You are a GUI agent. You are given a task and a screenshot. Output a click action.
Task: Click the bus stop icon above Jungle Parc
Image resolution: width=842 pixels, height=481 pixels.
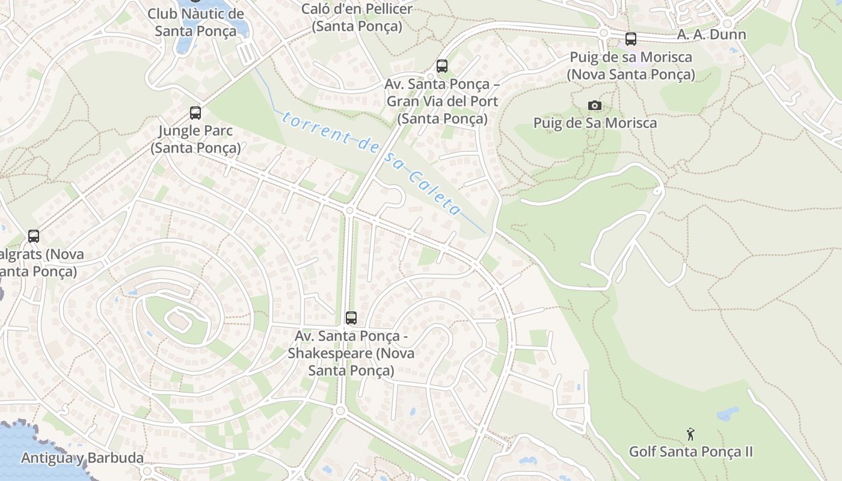click(x=195, y=112)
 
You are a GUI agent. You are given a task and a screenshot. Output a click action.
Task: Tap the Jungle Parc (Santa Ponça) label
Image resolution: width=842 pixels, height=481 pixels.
click(x=195, y=139)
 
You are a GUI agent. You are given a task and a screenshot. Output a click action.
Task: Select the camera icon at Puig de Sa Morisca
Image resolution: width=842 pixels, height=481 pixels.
click(x=594, y=106)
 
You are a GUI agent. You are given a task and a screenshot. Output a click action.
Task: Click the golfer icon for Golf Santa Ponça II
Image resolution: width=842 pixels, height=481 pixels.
click(x=690, y=434)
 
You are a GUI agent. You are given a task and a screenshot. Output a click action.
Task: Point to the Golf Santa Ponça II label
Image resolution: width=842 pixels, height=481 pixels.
click(x=690, y=452)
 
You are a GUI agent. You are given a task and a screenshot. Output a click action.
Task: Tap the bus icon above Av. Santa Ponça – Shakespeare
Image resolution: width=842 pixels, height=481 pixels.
click(x=351, y=318)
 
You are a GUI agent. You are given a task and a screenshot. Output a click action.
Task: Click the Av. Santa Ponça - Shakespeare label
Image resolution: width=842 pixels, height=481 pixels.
click(x=351, y=352)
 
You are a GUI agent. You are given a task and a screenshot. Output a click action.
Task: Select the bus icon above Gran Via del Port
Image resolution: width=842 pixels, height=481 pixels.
click(x=442, y=66)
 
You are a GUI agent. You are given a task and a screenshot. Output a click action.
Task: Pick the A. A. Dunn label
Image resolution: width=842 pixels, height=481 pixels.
click(x=711, y=35)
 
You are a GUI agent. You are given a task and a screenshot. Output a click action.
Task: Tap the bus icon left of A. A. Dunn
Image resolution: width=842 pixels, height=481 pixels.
click(x=630, y=39)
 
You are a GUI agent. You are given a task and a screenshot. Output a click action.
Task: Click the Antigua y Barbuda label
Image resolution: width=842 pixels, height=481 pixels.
click(x=82, y=458)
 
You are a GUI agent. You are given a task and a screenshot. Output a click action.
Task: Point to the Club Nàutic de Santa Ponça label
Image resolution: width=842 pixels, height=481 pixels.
click(x=195, y=22)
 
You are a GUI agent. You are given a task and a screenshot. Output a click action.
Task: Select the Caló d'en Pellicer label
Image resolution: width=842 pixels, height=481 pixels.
click(x=357, y=17)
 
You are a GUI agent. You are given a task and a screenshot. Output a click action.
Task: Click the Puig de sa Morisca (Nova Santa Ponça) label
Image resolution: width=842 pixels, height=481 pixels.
click(x=631, y=66)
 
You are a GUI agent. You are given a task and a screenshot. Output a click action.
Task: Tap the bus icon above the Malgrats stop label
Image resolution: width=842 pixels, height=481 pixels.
click(x=34, y=236)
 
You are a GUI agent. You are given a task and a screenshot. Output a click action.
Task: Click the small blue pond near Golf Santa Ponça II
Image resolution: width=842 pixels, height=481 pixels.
click(x=728, y=414)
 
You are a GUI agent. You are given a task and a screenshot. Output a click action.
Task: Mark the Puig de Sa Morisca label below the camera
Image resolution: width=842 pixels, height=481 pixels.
click(x=595, y=123)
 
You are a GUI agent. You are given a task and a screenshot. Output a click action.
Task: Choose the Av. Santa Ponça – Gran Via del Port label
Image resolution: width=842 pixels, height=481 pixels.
click(x=442, y=101)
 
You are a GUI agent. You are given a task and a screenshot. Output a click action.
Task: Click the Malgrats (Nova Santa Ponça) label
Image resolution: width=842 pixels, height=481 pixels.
click(x=40, y=263)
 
